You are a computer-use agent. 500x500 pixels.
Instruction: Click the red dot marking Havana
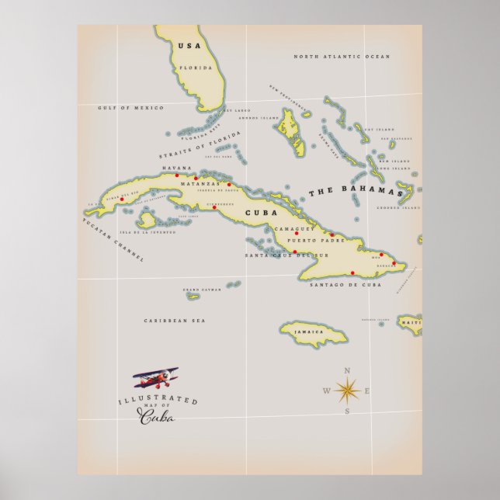click(x=177, y=175)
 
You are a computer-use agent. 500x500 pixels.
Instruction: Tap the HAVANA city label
click(x=175, y=168)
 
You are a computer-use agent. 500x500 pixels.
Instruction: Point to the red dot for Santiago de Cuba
click(x=353, y=273)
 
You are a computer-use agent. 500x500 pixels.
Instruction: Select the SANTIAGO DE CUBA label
click(x=345, y=285)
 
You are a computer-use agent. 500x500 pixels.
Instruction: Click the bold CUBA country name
click(x=260, y=212)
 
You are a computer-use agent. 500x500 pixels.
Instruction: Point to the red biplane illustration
click(x=156, y=378)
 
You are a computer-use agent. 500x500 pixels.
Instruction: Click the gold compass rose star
click(x=346, y=390)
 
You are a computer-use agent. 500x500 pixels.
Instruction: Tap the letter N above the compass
click(x=347, y=370)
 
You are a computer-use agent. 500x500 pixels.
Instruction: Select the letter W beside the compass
click(x=326, y=391)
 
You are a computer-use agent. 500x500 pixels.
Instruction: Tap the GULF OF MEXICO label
click(x=130, y=108)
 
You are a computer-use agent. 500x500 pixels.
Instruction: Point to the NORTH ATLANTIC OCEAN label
click(x=342, y=57)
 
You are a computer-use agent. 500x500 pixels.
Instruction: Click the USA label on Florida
click(x=189, y=47)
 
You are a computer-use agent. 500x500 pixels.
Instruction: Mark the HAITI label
click(x=410, y=321)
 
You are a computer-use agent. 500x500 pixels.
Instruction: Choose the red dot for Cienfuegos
click(x=214, y=207)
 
